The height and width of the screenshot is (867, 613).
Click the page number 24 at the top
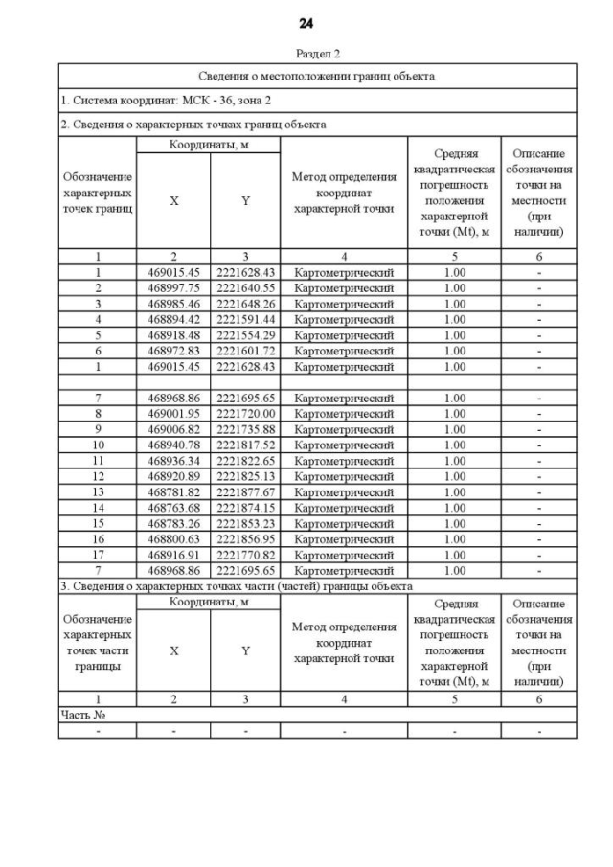(306, 23)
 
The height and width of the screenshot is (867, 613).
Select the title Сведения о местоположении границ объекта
(316, 76)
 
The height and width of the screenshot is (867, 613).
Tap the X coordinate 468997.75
(173, 288)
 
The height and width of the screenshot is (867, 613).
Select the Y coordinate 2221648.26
(245, 304)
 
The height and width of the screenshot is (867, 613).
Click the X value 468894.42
(173, 319)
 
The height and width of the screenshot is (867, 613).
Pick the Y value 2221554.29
(245, 335)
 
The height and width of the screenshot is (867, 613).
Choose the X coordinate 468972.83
(173, 351)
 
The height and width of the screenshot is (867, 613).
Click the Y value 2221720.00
(245, 414)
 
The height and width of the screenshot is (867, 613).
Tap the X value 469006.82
(173, 429)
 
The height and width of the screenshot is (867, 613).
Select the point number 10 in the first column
(98, 445)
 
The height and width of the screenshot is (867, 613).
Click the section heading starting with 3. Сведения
(237, 585)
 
